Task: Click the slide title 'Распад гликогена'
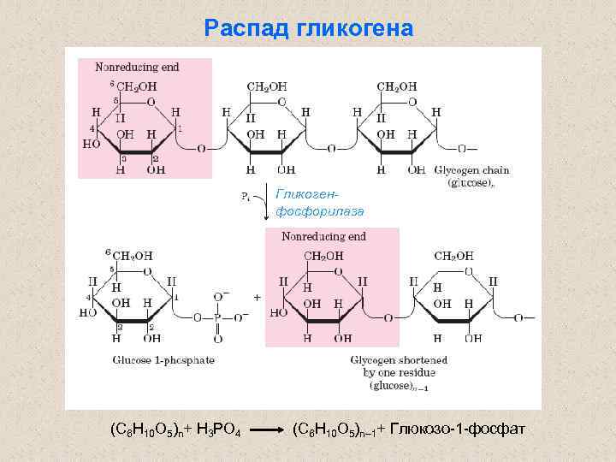(308, 29)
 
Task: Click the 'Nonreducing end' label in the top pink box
(136, 65)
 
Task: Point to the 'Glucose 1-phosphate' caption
(163, 359)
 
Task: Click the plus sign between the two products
(258, 297)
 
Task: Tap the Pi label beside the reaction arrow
(246, 197)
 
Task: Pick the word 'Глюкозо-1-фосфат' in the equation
(457, 427)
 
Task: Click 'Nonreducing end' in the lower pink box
(323, 236)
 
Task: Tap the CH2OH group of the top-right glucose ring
(397, 86)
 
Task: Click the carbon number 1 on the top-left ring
(179, 129)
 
